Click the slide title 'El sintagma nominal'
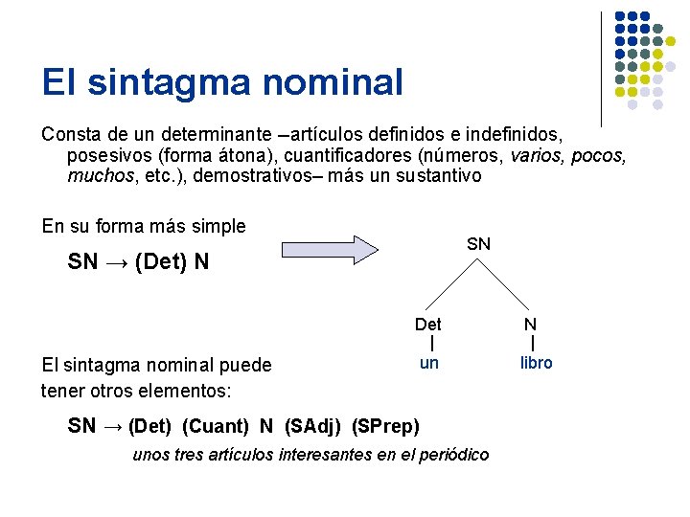click(x=222, y=82)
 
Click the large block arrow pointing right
click(x=332, y=249)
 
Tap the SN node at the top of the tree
click(x=478, y=244)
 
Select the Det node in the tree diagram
click(x=428, y=325)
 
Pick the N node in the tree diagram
click(x=530, y=325)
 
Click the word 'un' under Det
click(x=429, y=363)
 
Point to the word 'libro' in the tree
click(x=536, y=363)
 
